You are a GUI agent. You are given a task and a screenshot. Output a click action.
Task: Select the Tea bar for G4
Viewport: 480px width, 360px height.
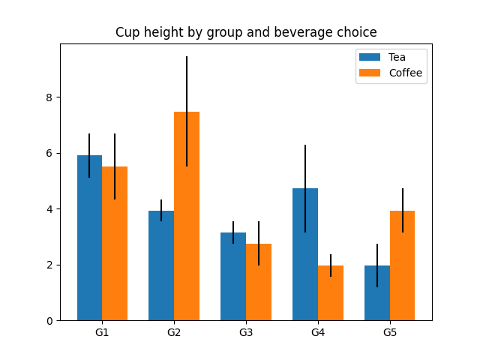(305, 254)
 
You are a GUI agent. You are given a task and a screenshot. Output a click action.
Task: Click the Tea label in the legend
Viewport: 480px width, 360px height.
(397, 57)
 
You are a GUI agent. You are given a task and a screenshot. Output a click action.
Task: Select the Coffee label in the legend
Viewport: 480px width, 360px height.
(405, 73)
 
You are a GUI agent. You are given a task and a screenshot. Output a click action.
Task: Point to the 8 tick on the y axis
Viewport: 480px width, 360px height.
(51, 97)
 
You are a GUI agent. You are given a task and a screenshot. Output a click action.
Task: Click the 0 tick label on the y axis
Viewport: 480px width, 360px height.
(51, 321)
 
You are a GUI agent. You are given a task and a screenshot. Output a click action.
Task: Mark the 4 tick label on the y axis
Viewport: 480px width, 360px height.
(51, 209)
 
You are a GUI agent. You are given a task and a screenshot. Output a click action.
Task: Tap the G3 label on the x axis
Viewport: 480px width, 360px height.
(246, 332)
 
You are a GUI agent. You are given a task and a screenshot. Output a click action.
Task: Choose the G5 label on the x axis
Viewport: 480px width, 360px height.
(390, 332)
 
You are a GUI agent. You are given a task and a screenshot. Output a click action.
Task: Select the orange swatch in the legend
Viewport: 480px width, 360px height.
(370, 73)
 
